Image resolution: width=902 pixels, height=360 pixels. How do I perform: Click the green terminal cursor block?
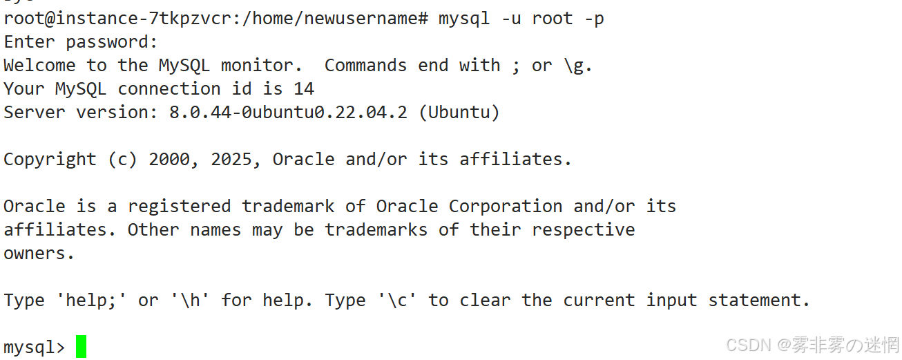click(81, 346)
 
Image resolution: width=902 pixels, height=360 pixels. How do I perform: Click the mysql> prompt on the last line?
click(35, 347)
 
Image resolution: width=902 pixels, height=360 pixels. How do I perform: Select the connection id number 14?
click(304, 88)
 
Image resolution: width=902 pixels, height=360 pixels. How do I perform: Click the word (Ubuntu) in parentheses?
click(459, 112)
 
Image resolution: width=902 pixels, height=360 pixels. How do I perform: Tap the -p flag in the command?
click(594, 19)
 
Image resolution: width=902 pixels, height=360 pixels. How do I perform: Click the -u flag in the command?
click(511, 19)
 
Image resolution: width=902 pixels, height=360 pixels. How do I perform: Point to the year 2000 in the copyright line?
click(169, 160)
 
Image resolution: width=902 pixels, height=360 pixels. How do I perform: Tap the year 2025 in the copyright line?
click(231, 160)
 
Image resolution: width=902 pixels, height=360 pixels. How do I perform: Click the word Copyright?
click(50, 160)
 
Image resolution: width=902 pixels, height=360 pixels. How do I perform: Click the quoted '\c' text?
click(397, 301)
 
